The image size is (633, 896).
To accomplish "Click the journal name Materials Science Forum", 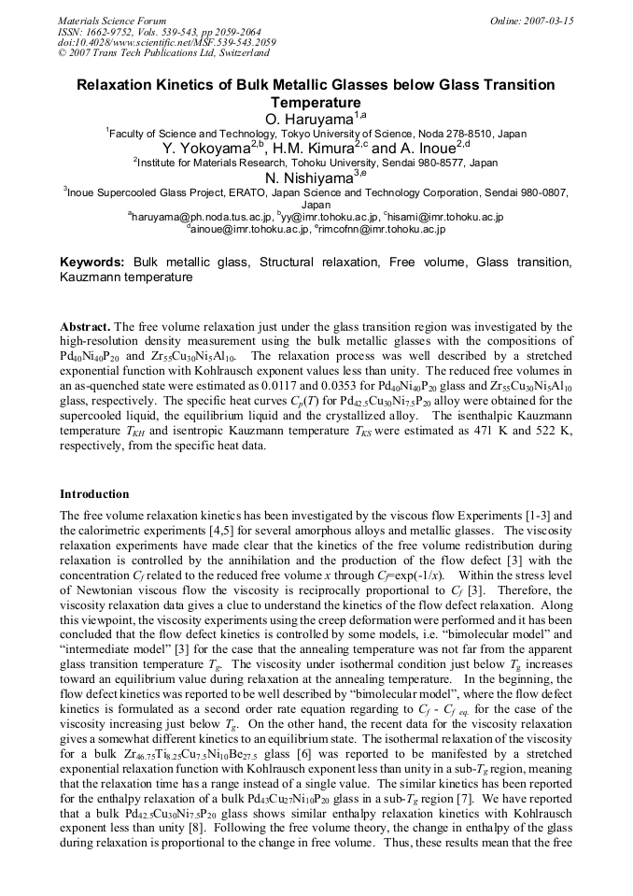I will click(x=112, y=21).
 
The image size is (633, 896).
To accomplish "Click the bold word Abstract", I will click(x=85, y=326).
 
